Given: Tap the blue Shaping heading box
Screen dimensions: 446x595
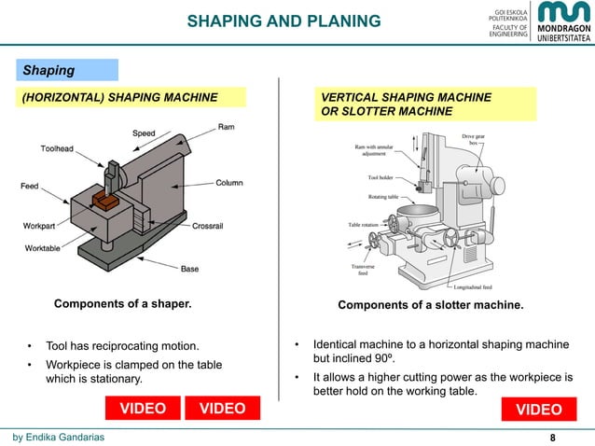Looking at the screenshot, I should tap(65, 70).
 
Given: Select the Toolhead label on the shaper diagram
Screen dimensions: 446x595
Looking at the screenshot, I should tap(58, 149).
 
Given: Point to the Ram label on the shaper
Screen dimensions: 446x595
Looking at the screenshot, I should tap(227, 126).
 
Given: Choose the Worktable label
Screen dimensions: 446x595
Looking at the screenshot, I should tap(45, 248).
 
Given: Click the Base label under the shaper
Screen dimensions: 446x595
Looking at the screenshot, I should tap(189, 269).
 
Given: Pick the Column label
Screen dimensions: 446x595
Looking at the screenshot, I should tap(229, 183).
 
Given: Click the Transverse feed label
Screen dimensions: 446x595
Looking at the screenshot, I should tap(363, 270).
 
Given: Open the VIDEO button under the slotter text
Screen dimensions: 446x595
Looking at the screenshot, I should tap(538, 410).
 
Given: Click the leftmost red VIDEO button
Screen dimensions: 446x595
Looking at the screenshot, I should tap(141, 409).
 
